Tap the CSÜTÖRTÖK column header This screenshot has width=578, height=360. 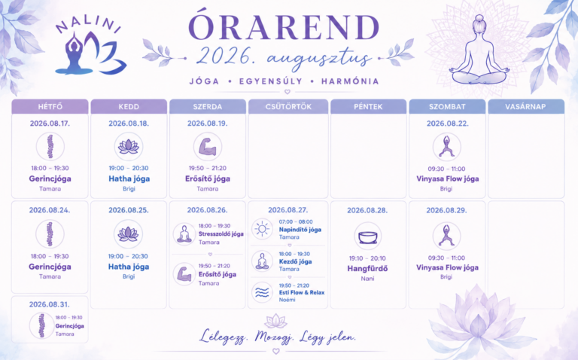point(288,107)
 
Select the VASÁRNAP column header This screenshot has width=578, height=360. point(525,107)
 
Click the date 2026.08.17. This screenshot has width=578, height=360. point(50,124)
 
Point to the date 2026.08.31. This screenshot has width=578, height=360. point(50,304)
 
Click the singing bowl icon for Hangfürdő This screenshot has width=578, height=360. point(368,236)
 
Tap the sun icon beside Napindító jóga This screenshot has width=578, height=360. point(262,229)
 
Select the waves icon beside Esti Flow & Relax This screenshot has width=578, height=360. point(262,292)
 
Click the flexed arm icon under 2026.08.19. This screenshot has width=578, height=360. point(208,147)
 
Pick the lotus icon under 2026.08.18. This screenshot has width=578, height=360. point(129,147)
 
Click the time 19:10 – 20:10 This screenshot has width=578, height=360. point(367,258)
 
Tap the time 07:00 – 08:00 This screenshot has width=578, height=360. point(296,221)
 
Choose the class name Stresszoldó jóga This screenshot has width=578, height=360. point(221,234)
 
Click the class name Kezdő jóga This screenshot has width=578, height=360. point(295,261)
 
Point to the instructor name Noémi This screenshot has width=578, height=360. point(287,300)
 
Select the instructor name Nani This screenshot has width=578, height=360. point(367,279)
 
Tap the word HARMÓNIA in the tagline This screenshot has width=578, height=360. point(350,81)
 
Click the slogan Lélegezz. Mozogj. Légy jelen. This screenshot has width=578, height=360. point(278,337)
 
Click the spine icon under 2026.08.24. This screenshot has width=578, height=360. point(50,234)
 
